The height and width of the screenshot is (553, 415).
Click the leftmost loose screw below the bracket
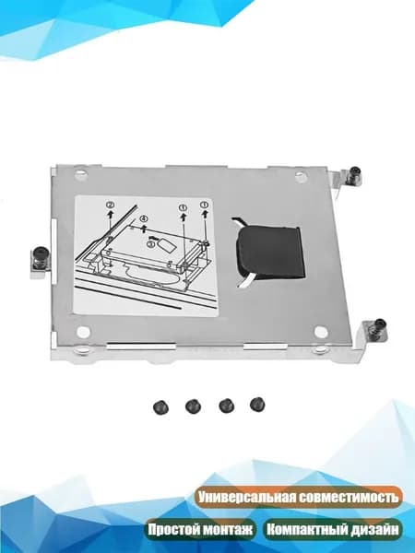160,407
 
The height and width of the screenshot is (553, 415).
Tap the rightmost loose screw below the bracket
257,405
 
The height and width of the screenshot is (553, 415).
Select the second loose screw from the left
193,406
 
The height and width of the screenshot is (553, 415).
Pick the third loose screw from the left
226,406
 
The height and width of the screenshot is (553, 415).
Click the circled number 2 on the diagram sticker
111,206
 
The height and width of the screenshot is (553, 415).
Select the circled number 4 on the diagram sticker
144,219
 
